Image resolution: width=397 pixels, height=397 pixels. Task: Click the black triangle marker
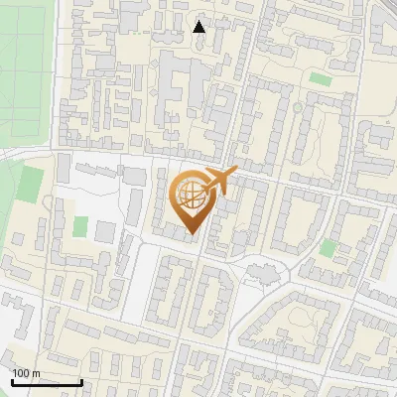199,27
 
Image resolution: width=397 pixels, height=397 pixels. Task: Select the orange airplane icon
219,182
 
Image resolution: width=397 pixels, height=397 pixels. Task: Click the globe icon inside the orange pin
191,196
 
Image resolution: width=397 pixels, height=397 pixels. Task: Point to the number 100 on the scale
21,373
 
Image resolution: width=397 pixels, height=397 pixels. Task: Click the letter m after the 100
36,373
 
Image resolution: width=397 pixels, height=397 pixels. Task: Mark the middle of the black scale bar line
47,382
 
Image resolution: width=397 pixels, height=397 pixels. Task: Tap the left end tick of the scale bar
12,380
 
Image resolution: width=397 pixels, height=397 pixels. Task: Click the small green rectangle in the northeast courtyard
320,78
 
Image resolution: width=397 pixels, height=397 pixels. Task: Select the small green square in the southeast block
329,248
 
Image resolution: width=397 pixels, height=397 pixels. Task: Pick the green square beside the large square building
80,226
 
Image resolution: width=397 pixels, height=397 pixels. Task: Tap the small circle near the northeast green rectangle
297,106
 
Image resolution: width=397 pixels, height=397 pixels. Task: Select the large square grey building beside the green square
105,231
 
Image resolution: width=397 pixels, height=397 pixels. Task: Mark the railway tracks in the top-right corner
386,8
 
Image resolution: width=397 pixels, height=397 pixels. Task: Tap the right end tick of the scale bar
81,380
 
